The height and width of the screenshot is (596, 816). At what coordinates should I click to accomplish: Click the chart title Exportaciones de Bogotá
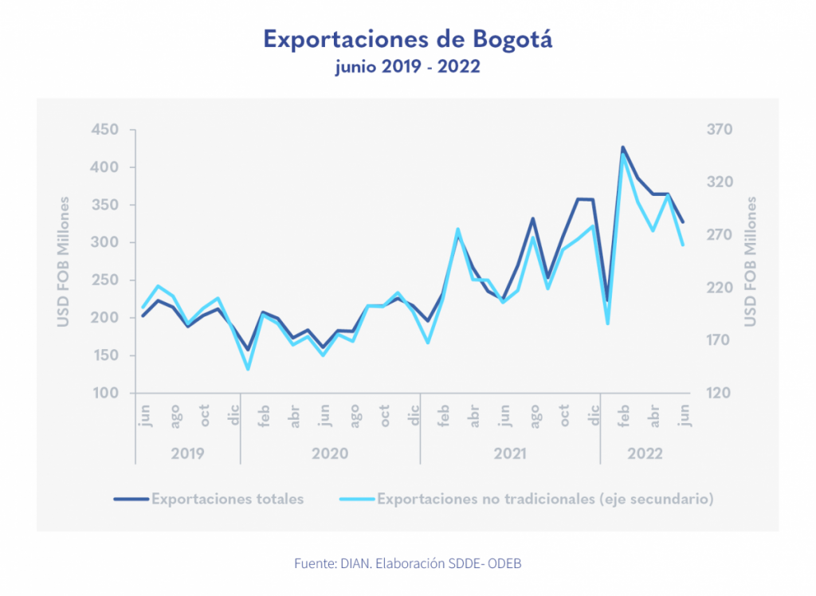click(x=407, y=39)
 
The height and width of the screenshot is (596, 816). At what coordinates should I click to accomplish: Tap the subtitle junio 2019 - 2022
click(x=407, y=67)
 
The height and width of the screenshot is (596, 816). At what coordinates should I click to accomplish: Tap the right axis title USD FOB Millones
click(x=750, y=261)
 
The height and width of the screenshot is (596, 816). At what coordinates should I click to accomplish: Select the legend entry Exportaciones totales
click(x=227, y=500)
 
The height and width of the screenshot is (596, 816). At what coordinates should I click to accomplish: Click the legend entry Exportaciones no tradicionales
click(x=544, y=500)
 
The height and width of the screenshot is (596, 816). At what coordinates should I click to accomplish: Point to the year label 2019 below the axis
click(x=188, y=453)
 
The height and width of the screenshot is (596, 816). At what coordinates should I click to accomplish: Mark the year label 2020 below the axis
click(x=330, y=453)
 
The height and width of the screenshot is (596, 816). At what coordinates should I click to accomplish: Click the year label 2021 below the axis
click(x=510, y=453)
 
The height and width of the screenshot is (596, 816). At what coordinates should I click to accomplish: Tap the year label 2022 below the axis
click(x=644, y=453)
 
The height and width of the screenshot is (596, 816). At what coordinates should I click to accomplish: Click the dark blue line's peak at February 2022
click(x=622, y=147)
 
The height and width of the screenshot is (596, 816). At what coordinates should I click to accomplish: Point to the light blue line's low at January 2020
click(x=248, y=369)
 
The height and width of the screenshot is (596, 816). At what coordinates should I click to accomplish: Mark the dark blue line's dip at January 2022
click(x=607, y=300)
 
